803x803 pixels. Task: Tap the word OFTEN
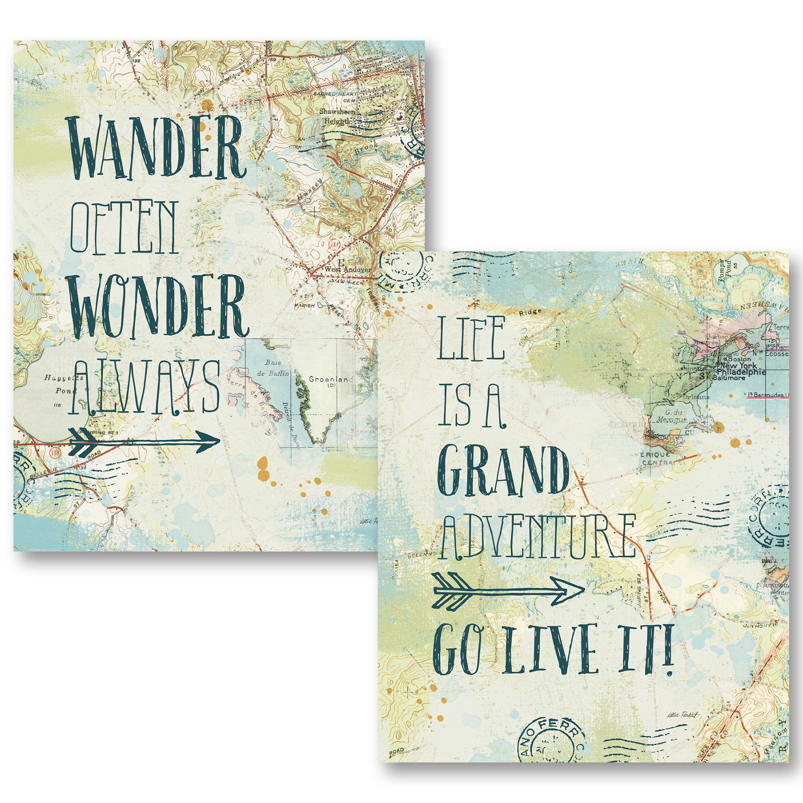pos(124,228)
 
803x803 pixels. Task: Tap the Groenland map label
pos(330,379)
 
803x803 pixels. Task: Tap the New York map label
pos(738,365)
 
